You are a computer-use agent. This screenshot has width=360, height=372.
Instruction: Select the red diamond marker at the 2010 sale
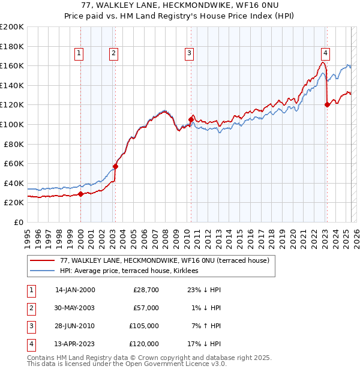coord(191,119)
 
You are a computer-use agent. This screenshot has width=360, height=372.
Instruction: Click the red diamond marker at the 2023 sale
coord(327,105)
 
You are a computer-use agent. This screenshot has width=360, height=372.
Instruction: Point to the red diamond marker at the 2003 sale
coord(115,166)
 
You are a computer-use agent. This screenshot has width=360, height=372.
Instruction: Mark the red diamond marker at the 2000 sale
coord(80,194)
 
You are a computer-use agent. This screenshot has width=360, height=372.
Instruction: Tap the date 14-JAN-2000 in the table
coord(75,290)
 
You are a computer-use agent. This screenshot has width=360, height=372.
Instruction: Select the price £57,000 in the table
coord(146,308)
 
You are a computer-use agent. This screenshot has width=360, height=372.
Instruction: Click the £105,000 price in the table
coord(144,326)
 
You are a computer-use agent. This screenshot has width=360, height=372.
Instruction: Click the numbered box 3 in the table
coord(31,326)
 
